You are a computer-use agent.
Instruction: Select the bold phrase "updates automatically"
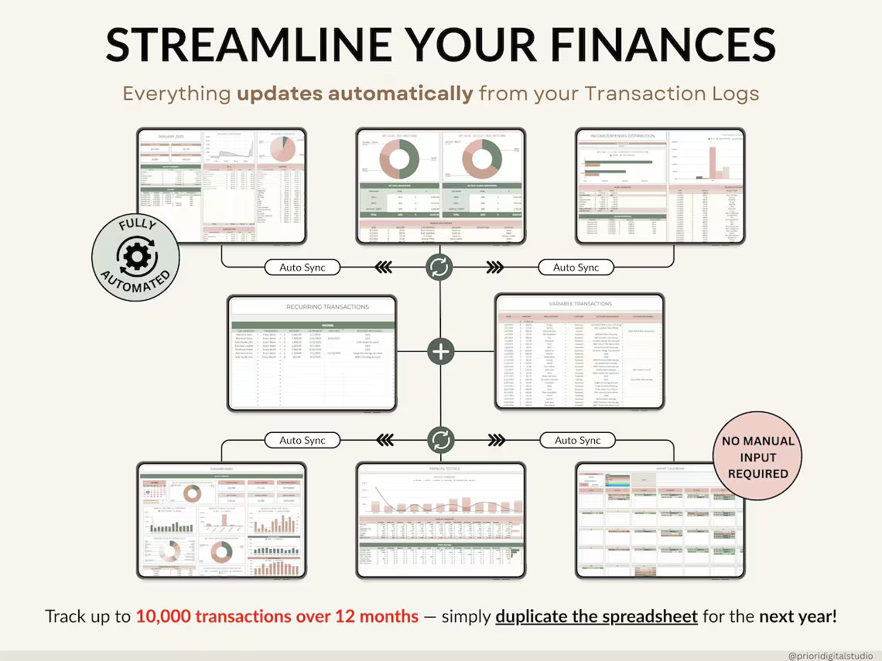[x=354, y=94]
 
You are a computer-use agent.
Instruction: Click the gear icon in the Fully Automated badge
[x=136, y=253]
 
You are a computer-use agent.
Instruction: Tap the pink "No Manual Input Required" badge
[x=757, y=457]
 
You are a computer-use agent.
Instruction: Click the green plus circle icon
[x=441, y=352]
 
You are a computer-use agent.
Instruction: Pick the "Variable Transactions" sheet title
[x=579, y=304]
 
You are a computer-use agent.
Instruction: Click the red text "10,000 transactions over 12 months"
[x=277, y=617]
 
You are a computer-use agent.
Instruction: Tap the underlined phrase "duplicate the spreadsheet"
[x=597, y=617]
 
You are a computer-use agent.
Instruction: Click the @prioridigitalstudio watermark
[x=829, y=654]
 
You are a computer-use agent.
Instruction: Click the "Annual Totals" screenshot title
[x=440, y=469]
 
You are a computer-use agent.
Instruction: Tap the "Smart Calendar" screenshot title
[x=659, y=469]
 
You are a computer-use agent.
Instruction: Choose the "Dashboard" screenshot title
[x=222, y=469]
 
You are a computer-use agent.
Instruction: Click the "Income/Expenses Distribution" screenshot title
[x=621, y=136]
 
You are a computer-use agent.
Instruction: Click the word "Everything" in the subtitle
[x=176, y=94]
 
